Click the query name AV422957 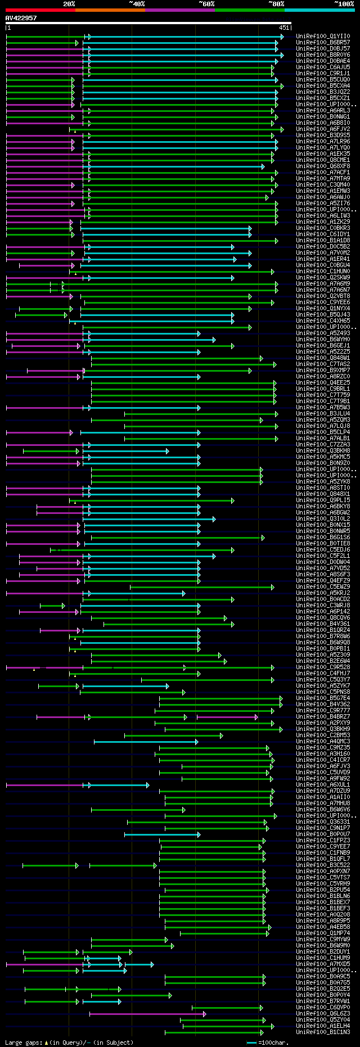point(21,18)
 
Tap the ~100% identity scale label point(344,4)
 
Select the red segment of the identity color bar point(40,10)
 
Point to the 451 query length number point(283,28)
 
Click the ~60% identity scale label point(206,4)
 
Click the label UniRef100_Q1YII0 point(322,37)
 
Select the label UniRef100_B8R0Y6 point(322,55)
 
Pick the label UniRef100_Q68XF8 point(322,166)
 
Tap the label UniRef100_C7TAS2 point(322,364)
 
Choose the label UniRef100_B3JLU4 point(322,414)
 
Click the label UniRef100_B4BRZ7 point(322,717)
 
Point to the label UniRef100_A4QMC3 point(322,742)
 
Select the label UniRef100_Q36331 point(322,822)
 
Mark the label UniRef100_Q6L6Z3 point(322,1014)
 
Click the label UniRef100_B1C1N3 point(322,1032)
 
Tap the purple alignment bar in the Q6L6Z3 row point(146,1014)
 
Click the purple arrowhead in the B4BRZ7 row point(256,717)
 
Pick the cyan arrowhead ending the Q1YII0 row point(282,37)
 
